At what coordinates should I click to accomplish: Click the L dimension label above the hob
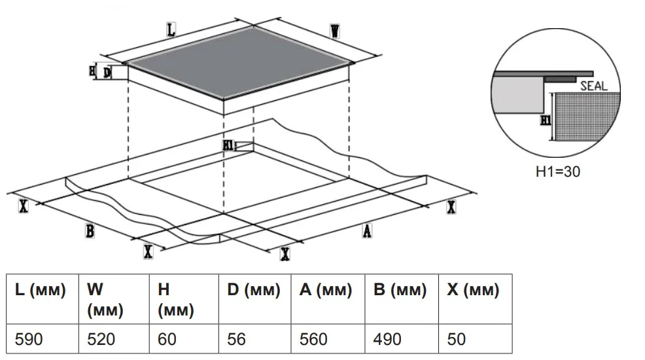click(x=171, y=29)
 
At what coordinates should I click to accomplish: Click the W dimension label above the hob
click(x=335, y=31)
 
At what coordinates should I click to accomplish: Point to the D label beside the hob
click(x=107, y=73)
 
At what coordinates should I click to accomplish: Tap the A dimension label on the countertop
click(x=367, y=231)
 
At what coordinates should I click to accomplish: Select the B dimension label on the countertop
click(x=90, y=231)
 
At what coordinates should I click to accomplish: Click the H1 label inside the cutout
click(x=228, y=145)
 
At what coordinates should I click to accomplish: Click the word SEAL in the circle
click(x=593, y=86)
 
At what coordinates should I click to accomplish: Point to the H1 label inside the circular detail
click(x=546, y=120)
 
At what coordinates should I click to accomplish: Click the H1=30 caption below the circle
click(x=558, y=171)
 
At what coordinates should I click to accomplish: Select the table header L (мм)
click(x=41, y=290)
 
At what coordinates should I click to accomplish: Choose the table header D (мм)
click(x=254, y=290)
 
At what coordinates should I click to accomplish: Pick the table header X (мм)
click(x=473, y=290)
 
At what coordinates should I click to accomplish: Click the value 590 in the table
click(x=29, y=340)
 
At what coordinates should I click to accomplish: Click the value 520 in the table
click(x=101, y=340)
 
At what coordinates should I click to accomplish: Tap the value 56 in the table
click(x=236, y=340)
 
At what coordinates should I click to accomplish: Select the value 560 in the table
click(x=313, y=340)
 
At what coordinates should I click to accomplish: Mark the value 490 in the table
click(x=387, y=340)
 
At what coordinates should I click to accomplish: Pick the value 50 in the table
click(x=456, y=340)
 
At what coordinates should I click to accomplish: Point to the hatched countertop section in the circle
click(x=586, y=117)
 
